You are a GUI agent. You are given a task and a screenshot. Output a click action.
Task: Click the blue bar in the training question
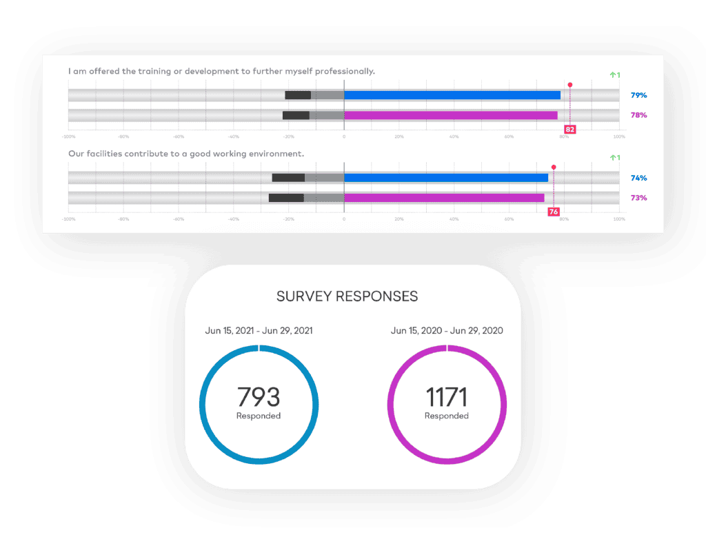click(x=452, y=95)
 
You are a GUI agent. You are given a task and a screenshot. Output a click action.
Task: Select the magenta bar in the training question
click(x=450, y=115)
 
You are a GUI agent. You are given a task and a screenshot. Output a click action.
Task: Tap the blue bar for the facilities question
click(x=445, y=178)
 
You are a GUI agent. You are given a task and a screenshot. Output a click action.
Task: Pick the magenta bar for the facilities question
click(x=443, y=198)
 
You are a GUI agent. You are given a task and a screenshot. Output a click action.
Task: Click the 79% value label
click(x=638, y=95)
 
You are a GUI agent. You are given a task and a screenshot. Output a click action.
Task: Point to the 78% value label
click(x=638, y=115)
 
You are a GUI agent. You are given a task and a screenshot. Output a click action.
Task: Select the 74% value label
click(x=638, y=178)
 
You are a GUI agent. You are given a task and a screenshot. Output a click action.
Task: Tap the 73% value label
click(x=638, y=198)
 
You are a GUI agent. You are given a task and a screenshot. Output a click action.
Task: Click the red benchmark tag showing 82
click(x=569, y=129)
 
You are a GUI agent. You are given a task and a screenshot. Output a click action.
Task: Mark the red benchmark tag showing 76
click(x=553, y=212)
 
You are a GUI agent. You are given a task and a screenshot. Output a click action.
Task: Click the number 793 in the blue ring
click(x=259, y=397)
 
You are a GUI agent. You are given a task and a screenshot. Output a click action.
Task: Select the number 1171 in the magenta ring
click(x=446, y=397)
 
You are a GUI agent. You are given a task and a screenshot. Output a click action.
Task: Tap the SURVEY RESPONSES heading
click(x=347, y=296)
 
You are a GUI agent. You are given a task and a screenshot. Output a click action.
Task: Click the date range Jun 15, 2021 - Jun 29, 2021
click(x=259, y=331)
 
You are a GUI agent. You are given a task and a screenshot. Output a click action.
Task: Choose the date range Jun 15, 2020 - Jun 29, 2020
click(x=447, y=331)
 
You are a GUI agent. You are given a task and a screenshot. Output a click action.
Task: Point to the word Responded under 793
click(x=259, y=416)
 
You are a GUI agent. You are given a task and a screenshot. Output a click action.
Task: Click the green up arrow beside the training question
click(x=613, y=74)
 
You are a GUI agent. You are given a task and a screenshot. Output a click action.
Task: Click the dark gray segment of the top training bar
click(x=298, y=95)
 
